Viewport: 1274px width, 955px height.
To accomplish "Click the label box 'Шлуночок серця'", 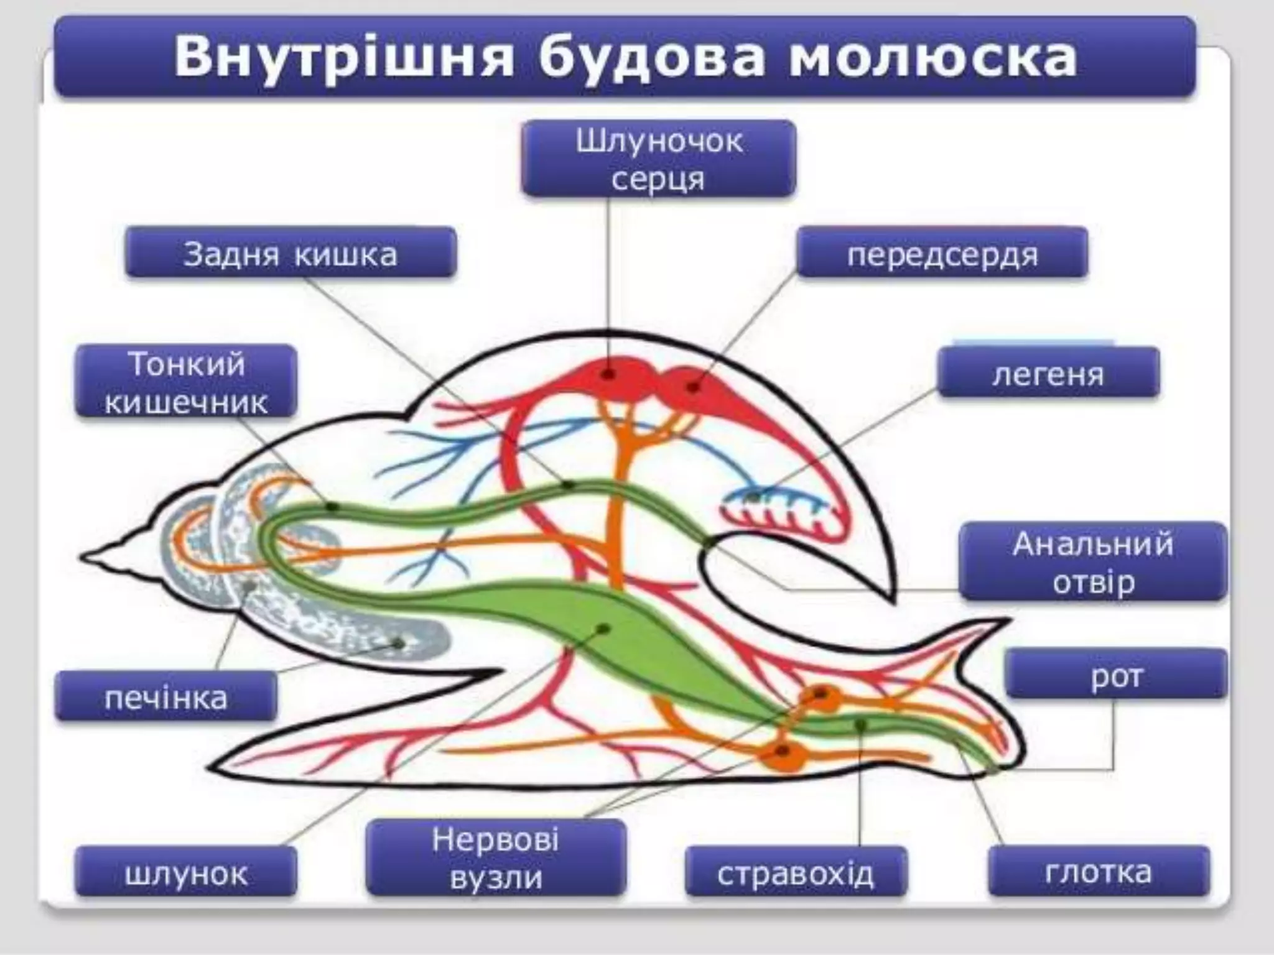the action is [x=659, y=159].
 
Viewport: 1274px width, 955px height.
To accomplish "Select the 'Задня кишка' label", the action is [x=291, y=253].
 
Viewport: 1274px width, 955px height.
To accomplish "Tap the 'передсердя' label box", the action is [x=942, y=253].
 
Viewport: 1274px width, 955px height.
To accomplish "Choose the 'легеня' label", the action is [x=1048, y=373].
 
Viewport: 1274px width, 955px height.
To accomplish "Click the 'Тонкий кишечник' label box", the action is [x=186, y=382].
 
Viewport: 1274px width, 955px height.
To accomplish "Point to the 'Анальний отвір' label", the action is [x=1093, y=562].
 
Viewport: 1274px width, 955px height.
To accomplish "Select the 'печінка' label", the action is [x=166, y=696].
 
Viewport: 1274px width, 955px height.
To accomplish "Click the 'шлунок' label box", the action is [x=186, y=872].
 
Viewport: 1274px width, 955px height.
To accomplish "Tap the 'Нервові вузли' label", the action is [x=496, y=858].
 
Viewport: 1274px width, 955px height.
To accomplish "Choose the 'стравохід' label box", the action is [x=796, y=872].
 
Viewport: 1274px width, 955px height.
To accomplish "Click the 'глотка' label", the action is [x=1099, y=870].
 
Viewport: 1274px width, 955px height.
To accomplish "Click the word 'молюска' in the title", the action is [x=933, y=57].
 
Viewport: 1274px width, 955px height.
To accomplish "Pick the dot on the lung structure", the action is [x=753, y=497].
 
